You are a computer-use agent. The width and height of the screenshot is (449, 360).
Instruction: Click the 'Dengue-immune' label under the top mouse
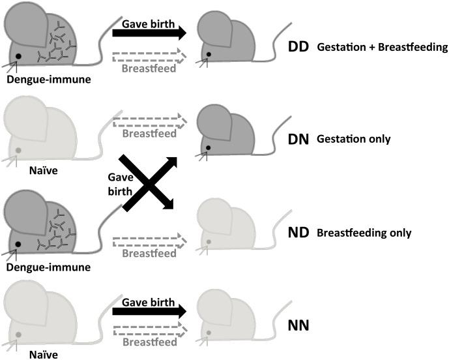(x=40, y=81)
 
